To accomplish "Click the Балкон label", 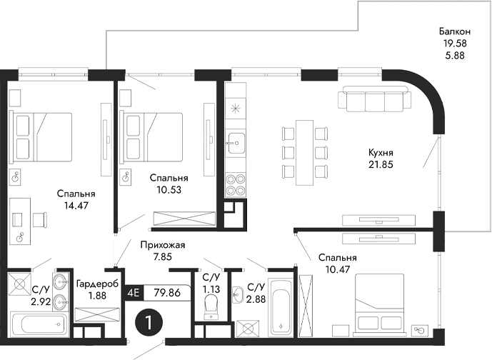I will coord(454,31).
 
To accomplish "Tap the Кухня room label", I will coord(382,153).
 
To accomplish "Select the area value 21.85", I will coord(382,165).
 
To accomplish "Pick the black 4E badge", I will coord(133,291).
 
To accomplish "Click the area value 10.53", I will coord(169,190).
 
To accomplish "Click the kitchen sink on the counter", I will coord(235,142).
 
